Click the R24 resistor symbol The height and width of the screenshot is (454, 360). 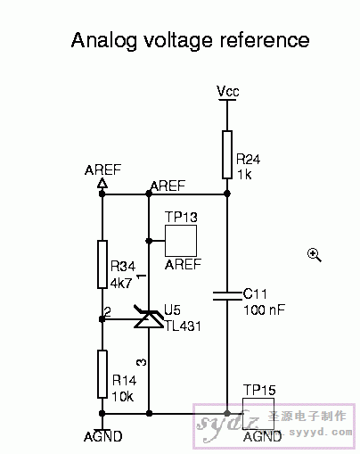click(x=227, y=154)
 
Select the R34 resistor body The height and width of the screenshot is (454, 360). click(x=102, y=264)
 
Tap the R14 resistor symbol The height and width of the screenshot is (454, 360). click(x=102, y=374)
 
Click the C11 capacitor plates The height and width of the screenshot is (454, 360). click(x=227, y=296)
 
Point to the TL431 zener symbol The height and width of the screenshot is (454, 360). click(x=149, y=318)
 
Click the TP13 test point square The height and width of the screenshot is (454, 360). click(x=181, y=241)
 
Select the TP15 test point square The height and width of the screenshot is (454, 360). click(x=258, y=414)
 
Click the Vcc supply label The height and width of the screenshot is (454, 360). click(x=227, y=91)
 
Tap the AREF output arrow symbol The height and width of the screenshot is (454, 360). click(x=102, y=184)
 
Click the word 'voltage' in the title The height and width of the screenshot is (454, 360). click(x=178, y=41)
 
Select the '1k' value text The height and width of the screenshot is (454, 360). click(x=244, y=175)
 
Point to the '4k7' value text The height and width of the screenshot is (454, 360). click(x=121, y=284)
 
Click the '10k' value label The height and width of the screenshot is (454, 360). click(x=123, y=397)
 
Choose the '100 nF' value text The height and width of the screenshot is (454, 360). click(x=264, y=310)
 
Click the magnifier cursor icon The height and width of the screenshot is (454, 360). click(x=314, y=255)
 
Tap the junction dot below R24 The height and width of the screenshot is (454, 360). click(x=227, y=194)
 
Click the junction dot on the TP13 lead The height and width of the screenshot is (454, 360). click(x=149, y=241)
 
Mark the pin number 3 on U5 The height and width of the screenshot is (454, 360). click(x=142, y=362)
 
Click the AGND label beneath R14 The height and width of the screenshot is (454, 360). click(x=103, y=436)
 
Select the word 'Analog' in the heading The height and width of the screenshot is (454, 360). click(x=104, y=41)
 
